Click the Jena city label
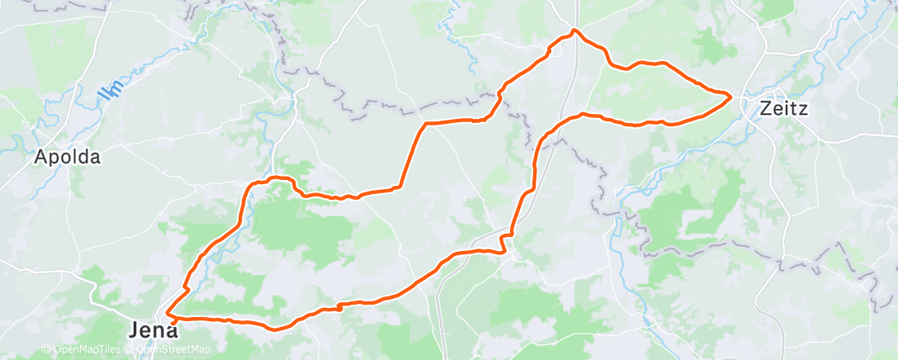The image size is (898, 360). pyautogui.click(x=153, y=330)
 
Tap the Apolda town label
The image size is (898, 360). pyautogui.click(x=67, y=158)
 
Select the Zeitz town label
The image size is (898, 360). pyautogui.click(x=783, y=108)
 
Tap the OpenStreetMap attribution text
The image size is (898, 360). pyautogui.click(x=169, y=350)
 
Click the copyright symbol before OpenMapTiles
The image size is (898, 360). pyautogui.click(x=45, y=350)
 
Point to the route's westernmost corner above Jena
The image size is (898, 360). pyautogui.click(x=168, y=314)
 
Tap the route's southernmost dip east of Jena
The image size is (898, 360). pyautogui.click(x=275, y=329)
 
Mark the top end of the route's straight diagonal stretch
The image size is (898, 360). pyautogui.click(x=425, y=124)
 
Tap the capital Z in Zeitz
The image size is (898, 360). pyautogui.click(x=764, y=108)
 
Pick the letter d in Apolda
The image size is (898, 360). pyautogui.click(x=84, y=158)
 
